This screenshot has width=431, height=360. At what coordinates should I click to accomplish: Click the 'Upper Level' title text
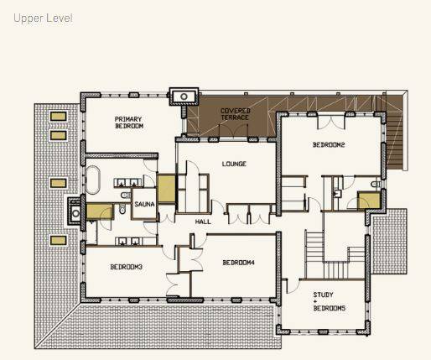coord(42,18)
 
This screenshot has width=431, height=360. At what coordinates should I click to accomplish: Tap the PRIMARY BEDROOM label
coord(129,123)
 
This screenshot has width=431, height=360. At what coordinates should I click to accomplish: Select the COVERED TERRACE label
coord(236,115)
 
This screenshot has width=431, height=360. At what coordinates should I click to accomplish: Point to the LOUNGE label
coord(234,164)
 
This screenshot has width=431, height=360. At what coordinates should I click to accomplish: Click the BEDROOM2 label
coord(330,145)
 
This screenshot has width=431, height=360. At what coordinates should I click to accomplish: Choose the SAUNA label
coord(145,203)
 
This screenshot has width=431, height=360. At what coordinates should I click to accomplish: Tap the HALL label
coord(203,222)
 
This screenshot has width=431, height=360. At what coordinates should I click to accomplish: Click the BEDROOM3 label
coord(126,267)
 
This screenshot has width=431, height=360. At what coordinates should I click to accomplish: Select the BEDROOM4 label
coord(238,263)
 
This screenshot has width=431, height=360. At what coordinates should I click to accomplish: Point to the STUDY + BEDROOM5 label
coord(329,301)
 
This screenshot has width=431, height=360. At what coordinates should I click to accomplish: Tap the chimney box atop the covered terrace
coord(183,97)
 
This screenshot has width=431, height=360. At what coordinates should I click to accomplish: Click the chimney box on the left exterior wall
coord(75,213)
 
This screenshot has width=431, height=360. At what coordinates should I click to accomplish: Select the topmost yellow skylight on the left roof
coord(58,116)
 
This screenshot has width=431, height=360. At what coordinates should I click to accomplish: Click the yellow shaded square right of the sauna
coord(167,187)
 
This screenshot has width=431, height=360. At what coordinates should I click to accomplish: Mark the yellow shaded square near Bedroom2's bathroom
coord(366,201)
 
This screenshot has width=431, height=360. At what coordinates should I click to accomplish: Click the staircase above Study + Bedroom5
coord(315,248)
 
